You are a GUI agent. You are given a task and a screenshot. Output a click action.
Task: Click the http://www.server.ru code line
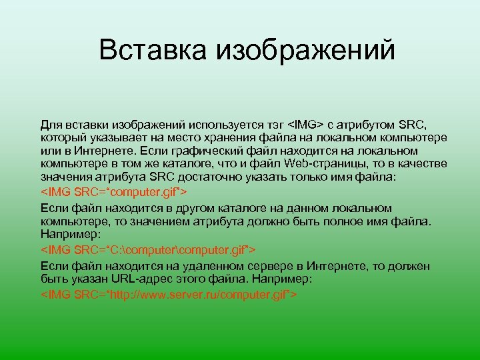(169, 294)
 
